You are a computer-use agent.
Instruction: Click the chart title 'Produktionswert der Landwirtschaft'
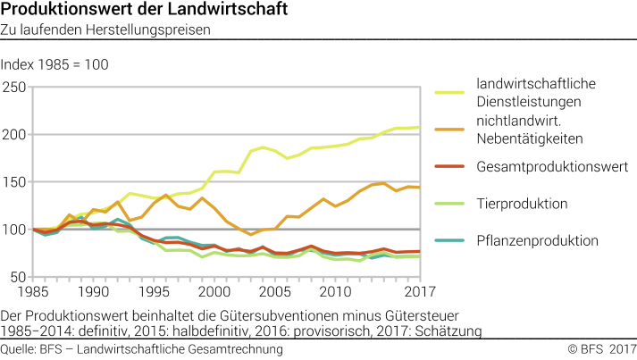tap(131, 11)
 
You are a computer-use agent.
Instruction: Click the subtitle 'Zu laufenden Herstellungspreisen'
tap(105, 29)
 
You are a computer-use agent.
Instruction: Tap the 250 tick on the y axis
tap(13, 87)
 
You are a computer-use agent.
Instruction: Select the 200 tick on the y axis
tap(13, 135)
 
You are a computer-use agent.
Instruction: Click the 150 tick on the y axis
tap(13, 182)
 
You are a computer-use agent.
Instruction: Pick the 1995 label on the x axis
tap(155, 292)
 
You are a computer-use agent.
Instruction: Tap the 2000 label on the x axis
tap(213, 292)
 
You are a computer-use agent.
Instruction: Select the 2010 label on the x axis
tap(335, 292)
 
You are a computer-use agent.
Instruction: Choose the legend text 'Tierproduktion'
tap(523, 204)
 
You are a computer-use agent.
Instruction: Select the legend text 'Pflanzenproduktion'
tap(538, 240)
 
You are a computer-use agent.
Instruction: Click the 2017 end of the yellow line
tap(419, 128)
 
